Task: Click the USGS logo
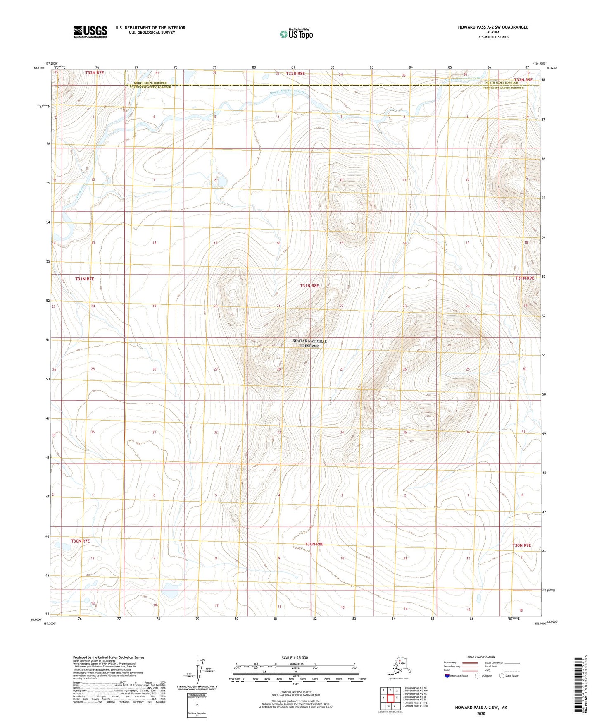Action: click(90, 32)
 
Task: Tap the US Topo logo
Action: click(296, 34)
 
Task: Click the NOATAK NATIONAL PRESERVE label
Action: click(309, 343)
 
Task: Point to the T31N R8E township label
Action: click(309, 286)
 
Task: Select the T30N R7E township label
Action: click(80, 541)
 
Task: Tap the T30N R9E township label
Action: click(521, 545)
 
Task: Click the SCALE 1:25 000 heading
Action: click(295, 658)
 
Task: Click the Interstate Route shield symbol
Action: click(447, 676)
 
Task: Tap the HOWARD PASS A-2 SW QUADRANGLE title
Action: click(492, 27)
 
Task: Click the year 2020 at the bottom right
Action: click(480, 713)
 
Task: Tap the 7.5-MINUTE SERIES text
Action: click(492, 37)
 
